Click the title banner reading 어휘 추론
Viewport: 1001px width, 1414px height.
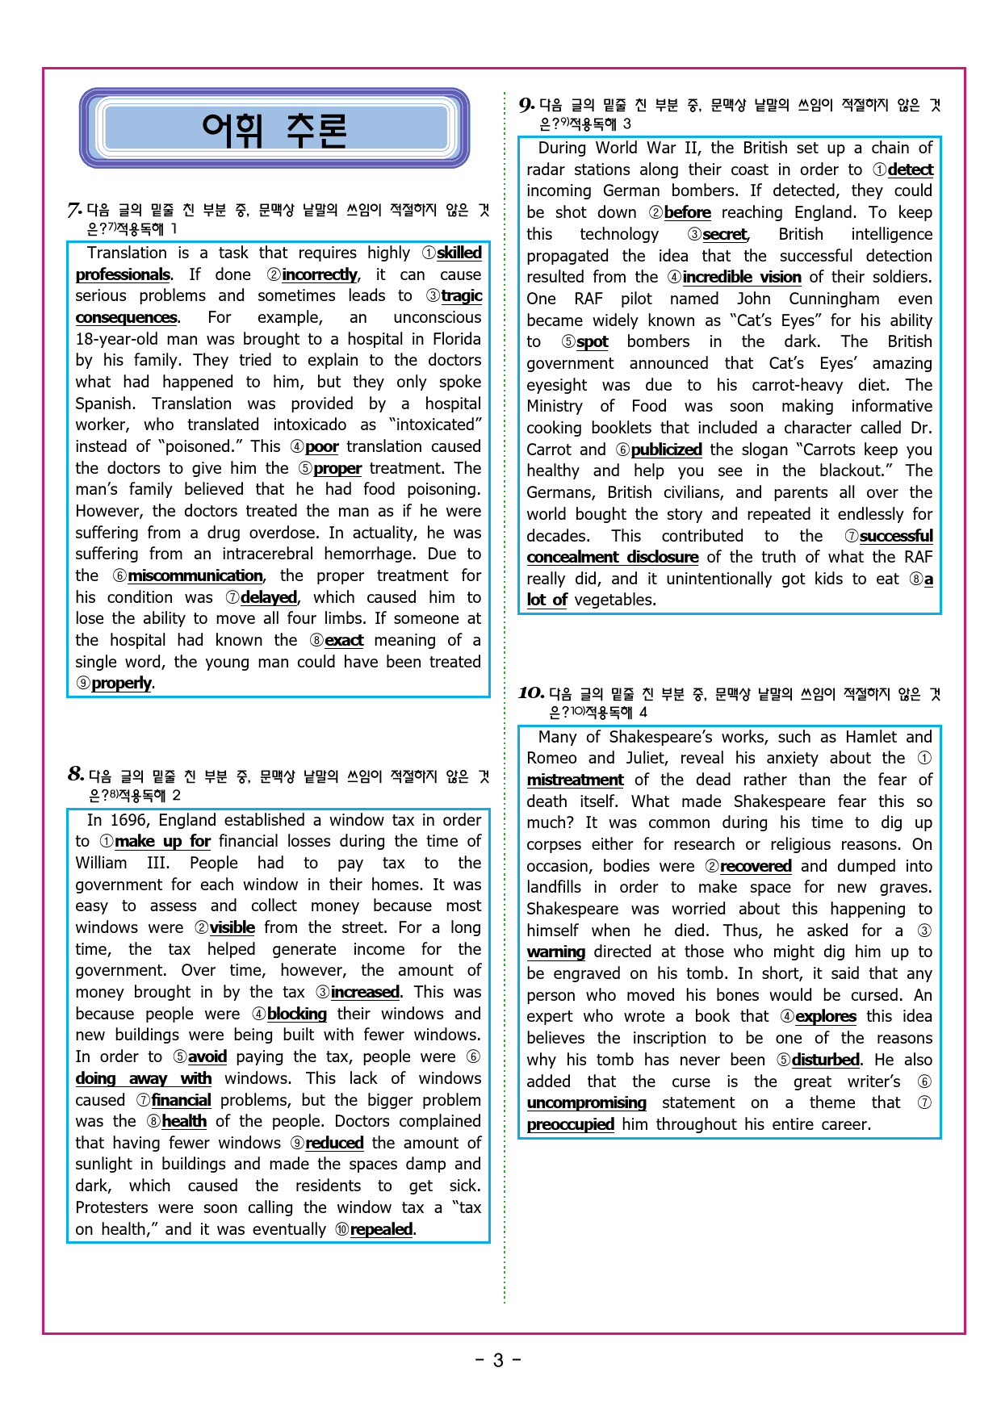pos(274,129)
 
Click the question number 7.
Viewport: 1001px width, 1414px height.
pos(74,211)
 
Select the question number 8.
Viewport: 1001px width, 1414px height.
pos(76,775)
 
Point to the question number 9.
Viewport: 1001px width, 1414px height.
pos(526,105)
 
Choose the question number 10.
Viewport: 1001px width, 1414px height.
pos(530,693)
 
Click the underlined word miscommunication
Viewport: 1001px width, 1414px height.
pos(195,576)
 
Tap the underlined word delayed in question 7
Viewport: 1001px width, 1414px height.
pos(269,598)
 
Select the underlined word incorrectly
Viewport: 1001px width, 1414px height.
pos(320,275)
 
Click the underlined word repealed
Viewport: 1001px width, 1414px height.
pos(381,1230)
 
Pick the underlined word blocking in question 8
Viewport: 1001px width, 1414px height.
pos(297,1014)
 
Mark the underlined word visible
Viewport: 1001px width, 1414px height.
pos(232,928)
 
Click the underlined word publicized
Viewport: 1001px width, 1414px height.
pos(666,450)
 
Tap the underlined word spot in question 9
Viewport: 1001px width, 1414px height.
pos(593,342)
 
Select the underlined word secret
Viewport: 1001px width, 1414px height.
pos(725,235)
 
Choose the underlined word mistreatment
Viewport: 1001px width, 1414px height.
pos(575,780)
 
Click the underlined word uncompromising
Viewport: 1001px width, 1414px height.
pos(587,1103)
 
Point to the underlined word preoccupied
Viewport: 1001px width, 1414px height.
pos(571,1125)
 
